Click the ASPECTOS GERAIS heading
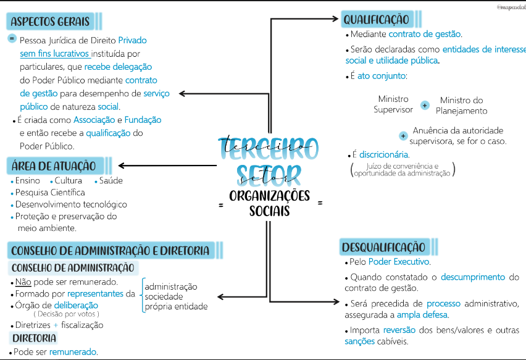50,22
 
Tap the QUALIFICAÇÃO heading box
377,20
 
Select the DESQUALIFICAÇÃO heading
383,248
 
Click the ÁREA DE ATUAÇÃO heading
54,165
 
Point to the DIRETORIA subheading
34,338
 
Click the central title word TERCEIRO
269,148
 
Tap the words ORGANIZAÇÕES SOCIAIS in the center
269,203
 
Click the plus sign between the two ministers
425,105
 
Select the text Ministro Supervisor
393,104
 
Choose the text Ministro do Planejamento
461,106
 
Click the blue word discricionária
384,154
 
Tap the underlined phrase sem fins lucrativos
54,54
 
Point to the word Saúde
111,180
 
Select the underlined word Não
24,282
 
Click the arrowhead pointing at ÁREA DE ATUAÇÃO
122,165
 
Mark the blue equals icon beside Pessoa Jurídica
12,38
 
